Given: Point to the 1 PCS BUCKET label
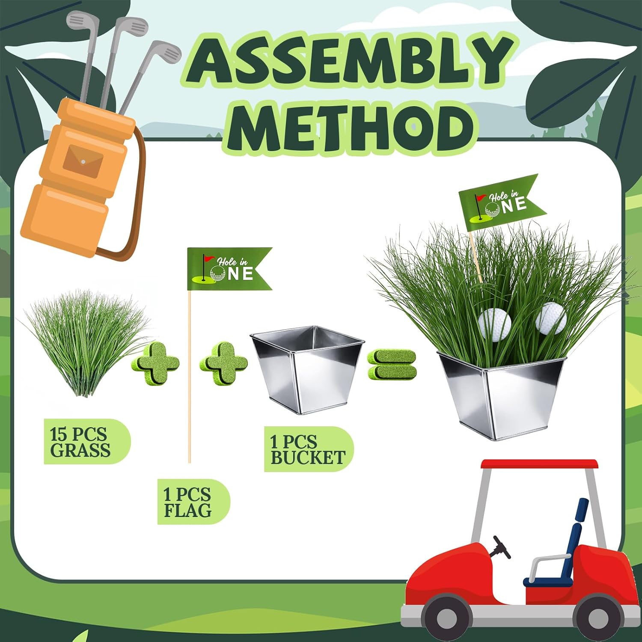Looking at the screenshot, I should click(307, 449).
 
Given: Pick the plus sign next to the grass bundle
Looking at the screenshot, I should click(155, 364).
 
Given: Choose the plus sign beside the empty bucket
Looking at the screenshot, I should click(223, 364).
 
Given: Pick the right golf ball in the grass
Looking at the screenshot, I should click(551, 318).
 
